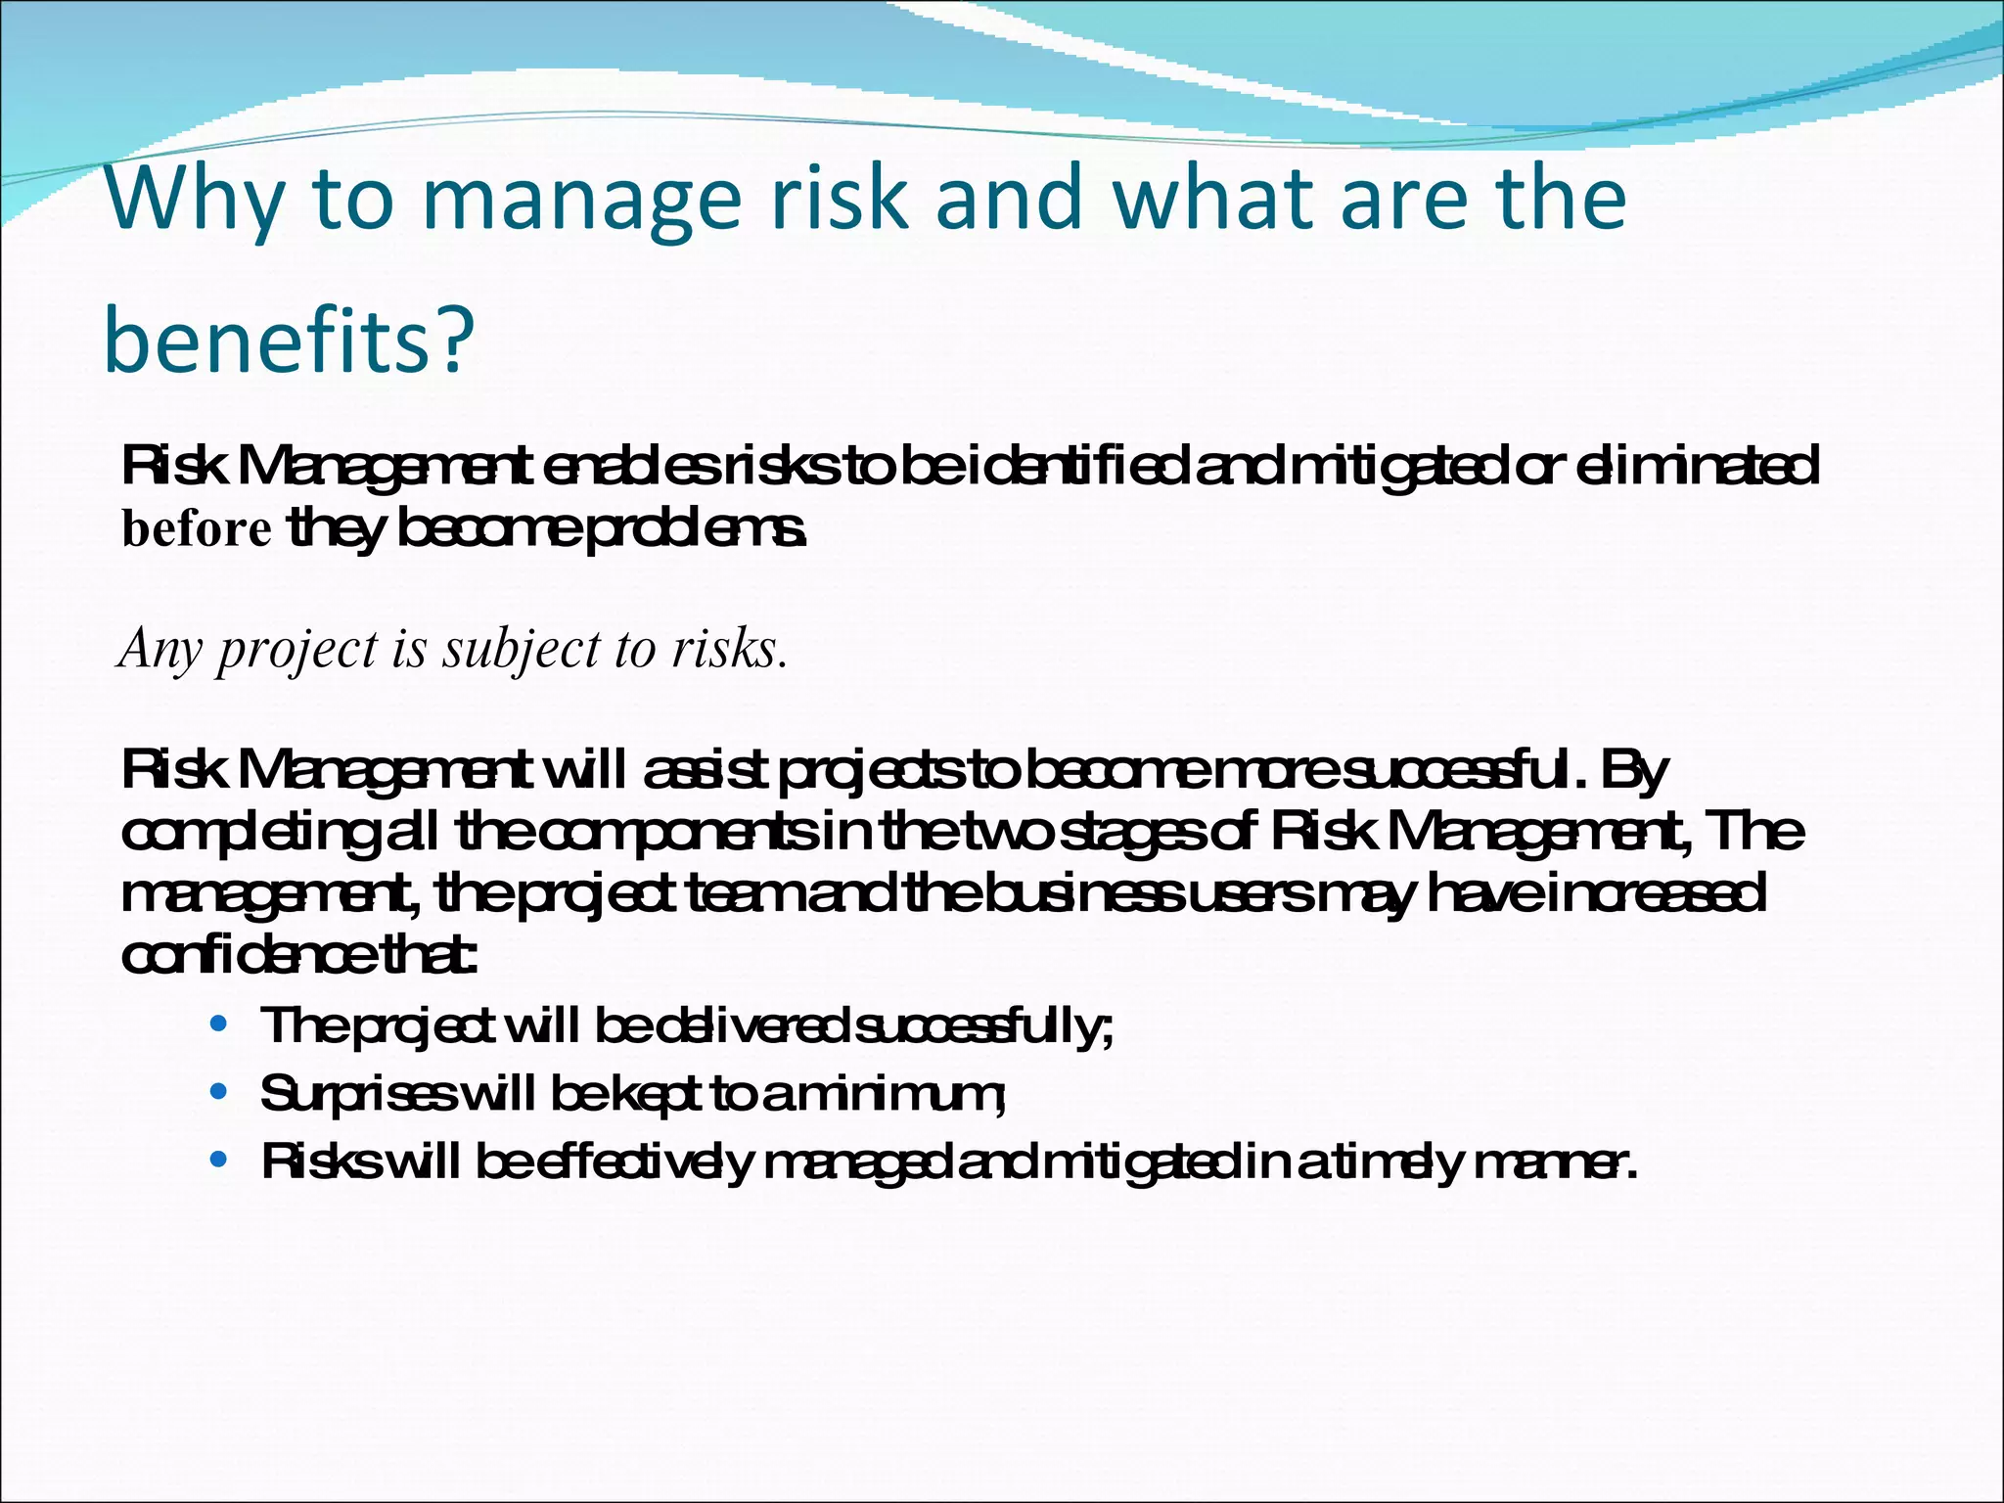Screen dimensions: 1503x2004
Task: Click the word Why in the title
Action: click(195, 200)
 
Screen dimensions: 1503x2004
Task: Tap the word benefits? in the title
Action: click(289, 341)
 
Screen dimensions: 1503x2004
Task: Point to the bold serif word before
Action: click(197, 529)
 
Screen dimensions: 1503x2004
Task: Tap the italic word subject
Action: click(520, 650)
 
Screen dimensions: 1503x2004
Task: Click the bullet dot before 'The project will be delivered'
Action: click(219, 1025)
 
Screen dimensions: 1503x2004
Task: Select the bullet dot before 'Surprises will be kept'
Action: click(219, 1091)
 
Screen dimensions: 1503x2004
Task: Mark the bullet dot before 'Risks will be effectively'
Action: click(219, 1161)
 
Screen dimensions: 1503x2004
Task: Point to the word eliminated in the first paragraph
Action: click(1699, 466)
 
